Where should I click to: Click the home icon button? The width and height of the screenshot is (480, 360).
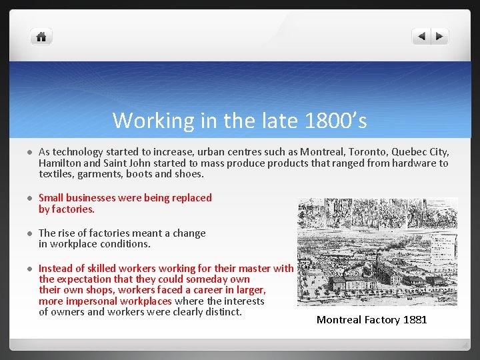(x=41, y=37)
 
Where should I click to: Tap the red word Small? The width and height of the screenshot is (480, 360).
(x=52, y=198)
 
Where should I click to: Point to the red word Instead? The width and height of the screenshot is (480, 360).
(x=56, y=269)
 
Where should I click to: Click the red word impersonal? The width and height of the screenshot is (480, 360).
(x=93, y=301)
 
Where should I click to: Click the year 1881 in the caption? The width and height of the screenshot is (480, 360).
(x=415, y=320)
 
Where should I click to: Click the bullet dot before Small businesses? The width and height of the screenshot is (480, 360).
(x=29, y=199)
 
